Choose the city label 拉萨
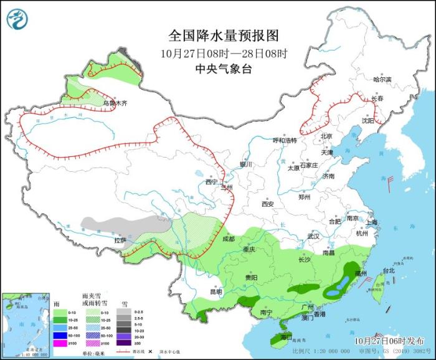[x=120, y=240]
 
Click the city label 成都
[x=228, y=239]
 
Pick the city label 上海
[x=372, y=222]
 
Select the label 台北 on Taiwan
[x=388, y=271]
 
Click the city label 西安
[x=268, y=204]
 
